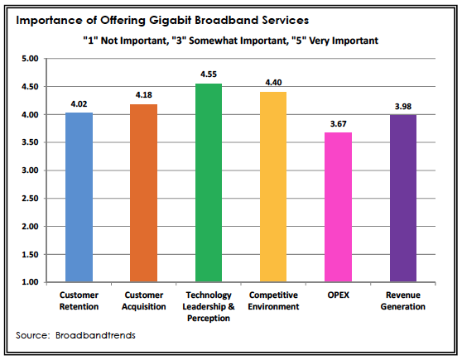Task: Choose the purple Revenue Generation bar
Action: tap(403, 198)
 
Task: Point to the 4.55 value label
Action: tap(208, 74)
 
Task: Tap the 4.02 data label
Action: tap(79, 104)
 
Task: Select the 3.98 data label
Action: tap(403, 106)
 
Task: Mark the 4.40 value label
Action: tap(273, 83)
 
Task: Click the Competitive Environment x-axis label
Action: tap(273, 300)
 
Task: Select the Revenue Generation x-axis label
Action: tap(403, 300)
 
